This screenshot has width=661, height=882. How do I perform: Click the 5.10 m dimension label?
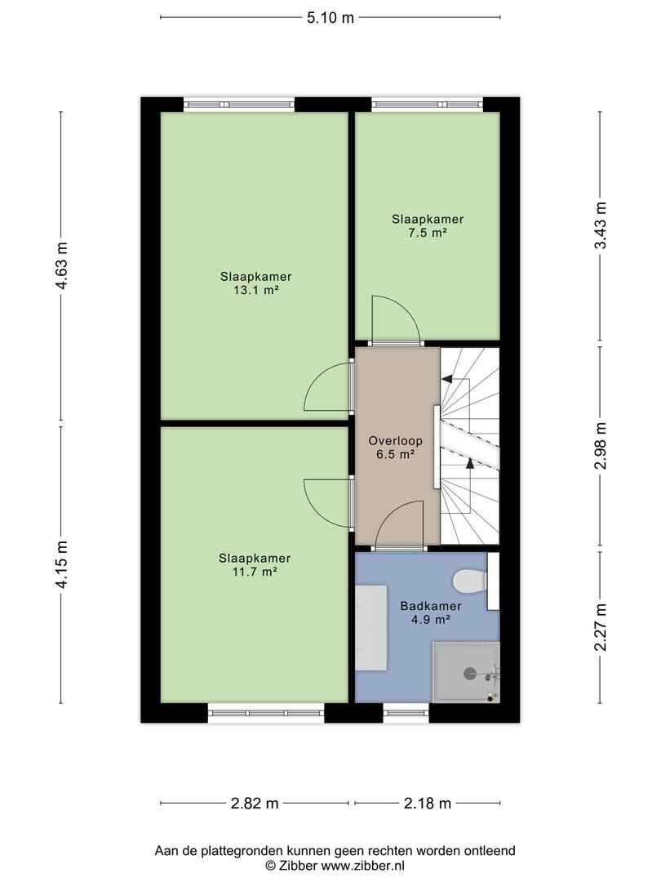point(330,18)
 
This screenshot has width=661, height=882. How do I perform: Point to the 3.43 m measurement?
point(601,225)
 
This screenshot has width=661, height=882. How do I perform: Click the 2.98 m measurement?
point(601,446)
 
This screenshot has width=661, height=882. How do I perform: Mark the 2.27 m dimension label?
point(601,626)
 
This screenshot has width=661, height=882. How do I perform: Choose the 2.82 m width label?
point(255,804)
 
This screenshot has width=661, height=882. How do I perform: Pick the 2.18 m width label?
point(428,804)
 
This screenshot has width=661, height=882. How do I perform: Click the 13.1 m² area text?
point(256,291)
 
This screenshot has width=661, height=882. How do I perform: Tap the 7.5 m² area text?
point(428,233)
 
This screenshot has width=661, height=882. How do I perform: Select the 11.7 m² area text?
point(255,572)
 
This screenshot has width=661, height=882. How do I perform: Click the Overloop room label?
point(395,441)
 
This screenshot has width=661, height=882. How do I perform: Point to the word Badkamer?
point(431,606)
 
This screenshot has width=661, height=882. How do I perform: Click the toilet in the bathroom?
point(471,581)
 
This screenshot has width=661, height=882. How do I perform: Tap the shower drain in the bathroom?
point(468,673)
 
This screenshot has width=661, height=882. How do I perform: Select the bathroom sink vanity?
point(371,628)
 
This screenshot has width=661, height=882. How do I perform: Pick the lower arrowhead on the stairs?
point(470,464)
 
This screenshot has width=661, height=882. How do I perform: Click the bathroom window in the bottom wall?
point(406,713)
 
